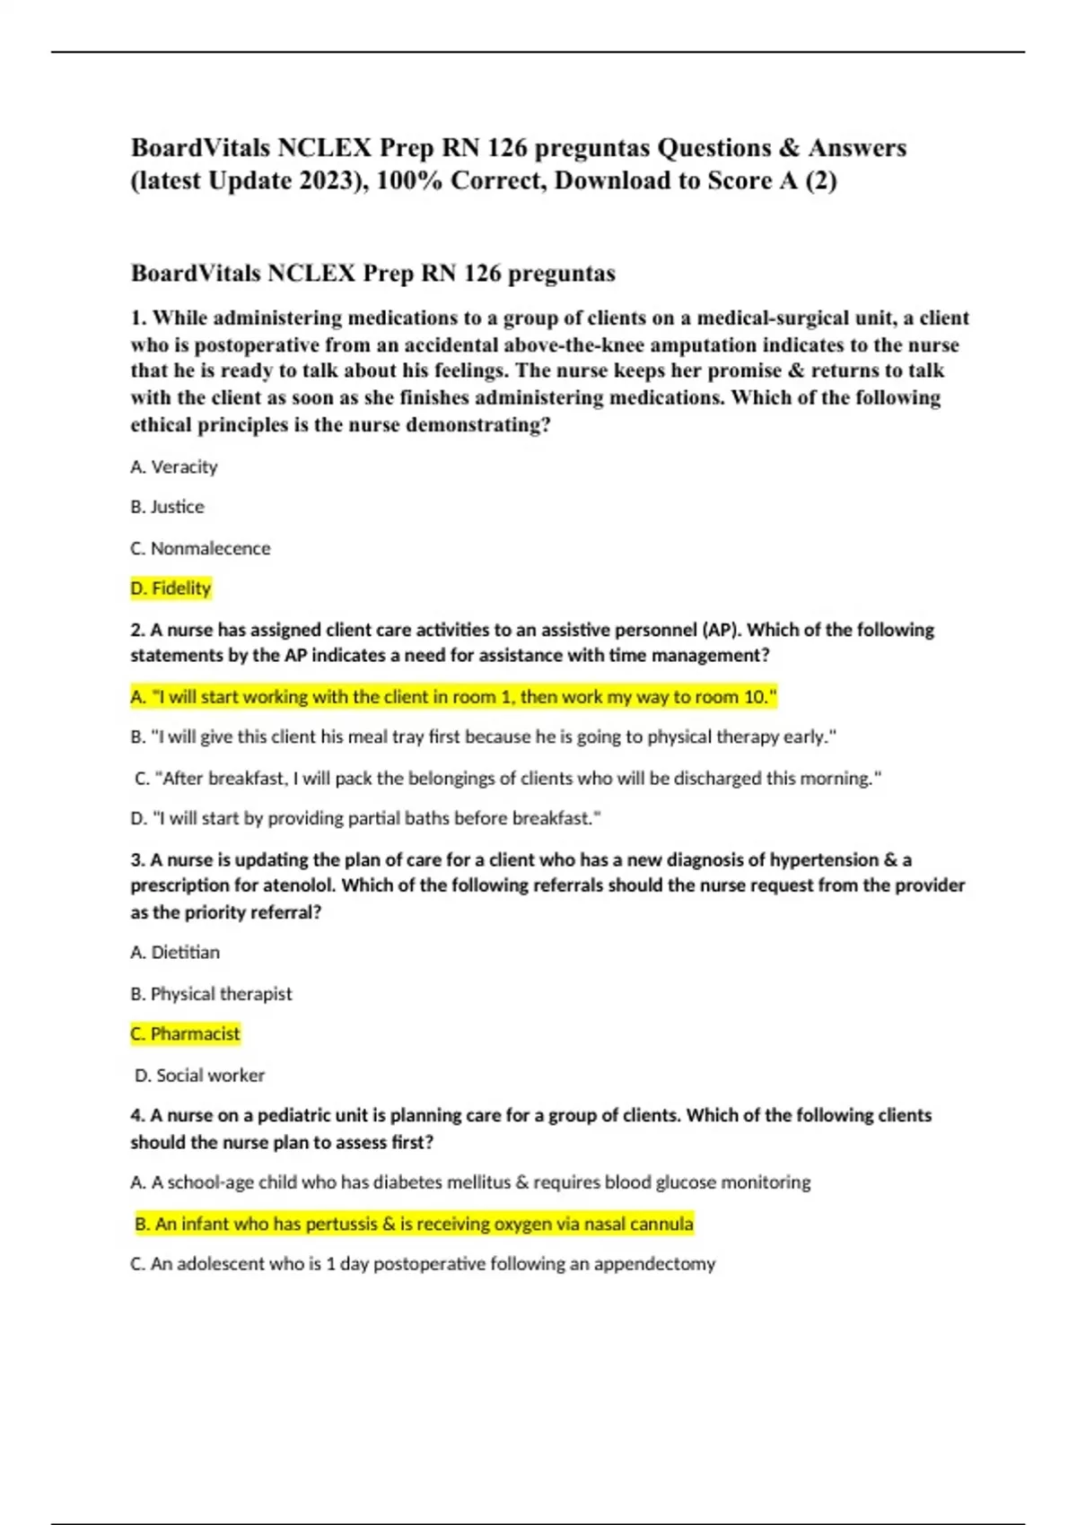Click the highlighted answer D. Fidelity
(171, 588)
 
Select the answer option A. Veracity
(174, 466)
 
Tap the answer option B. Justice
(167, 507)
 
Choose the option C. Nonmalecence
(200, 548)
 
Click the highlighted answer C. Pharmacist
(186, 1033)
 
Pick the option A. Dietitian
(175, 952)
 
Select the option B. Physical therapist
(211, 994)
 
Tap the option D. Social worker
(199, 1075)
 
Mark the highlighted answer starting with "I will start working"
(453, 697)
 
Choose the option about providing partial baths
(365, 818)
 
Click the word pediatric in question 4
(302, 1115)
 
